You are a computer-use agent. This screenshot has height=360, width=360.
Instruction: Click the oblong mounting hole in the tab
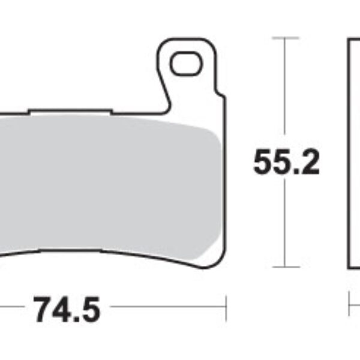(184, 64)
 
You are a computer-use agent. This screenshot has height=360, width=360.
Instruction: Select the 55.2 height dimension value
(286, 162)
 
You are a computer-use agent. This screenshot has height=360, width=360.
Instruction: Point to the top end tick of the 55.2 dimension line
(286, 38)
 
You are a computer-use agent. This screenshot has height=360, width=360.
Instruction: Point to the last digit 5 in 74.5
(88, 310)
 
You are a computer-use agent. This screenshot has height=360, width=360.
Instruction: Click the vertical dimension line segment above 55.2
(286, 90)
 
